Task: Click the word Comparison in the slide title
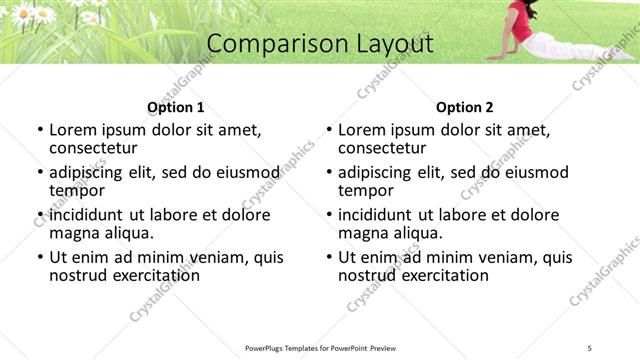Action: (265, 44)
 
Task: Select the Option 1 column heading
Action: (175, 107)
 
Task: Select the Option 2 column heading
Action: (464, 107)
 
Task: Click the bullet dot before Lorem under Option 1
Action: (40, 130)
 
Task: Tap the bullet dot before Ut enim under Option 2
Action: (329, 258)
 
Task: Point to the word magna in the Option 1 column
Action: (72, 233)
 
